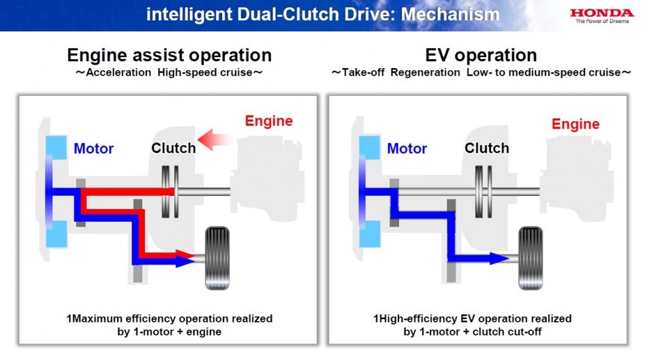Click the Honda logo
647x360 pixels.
601,16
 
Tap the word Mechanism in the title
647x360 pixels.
450,15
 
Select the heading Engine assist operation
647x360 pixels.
169,55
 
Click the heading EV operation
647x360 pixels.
481,55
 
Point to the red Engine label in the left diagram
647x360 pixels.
268,121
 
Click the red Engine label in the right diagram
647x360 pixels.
575,124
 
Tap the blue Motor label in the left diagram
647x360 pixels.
93,148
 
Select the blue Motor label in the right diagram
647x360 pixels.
407,148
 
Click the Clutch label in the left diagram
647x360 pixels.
173,148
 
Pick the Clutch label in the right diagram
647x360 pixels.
486,148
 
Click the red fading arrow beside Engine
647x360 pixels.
215,140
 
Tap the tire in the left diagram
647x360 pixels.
217,258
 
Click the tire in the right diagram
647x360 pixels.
531,258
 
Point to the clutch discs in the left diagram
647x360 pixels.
170,192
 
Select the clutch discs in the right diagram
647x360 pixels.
483,192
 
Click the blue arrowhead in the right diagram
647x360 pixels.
499,259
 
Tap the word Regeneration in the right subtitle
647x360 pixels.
425,73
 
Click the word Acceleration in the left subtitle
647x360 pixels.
119,73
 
